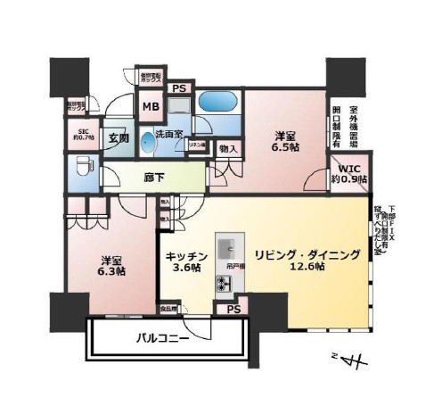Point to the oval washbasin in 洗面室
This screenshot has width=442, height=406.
pos(171,144)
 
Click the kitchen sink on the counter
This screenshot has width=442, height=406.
pos(227,246)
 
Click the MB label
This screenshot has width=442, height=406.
pos(150,106)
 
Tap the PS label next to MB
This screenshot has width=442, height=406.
pos(179,87)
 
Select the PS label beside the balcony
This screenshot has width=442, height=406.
pos(233,310)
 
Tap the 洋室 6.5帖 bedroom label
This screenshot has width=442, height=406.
pos(285,141)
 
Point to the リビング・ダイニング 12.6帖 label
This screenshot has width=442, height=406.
pos(307,260)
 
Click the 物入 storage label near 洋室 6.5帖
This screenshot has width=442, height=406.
pos(228,147)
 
